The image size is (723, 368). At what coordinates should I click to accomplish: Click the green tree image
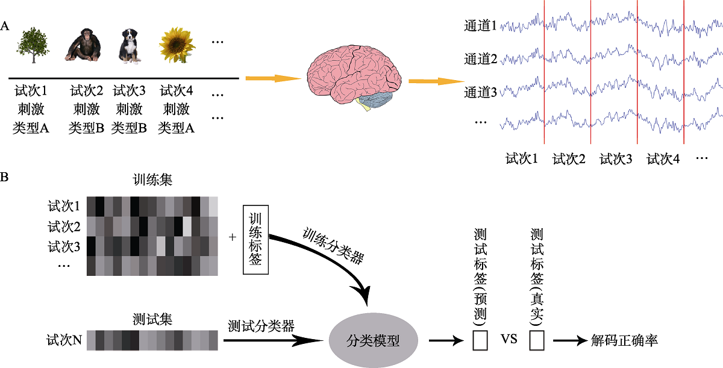(x=33, y=44)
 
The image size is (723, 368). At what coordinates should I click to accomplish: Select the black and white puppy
(x=130, y=46)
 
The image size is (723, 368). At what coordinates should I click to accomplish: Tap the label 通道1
(x=480, y=27)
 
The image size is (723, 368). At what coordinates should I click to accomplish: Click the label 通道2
(x=480, y=60)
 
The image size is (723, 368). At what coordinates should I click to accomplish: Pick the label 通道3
(x=480, y=93)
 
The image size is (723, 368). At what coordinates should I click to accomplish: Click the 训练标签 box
(x=254, y=239)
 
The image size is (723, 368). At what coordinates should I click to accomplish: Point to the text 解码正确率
(x=625, y=341)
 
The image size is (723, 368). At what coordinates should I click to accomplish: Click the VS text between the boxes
(x=509, y=341)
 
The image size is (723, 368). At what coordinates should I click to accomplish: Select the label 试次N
(x=64, y=341)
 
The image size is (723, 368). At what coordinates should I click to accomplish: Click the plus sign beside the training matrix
(x=233, y=237)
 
